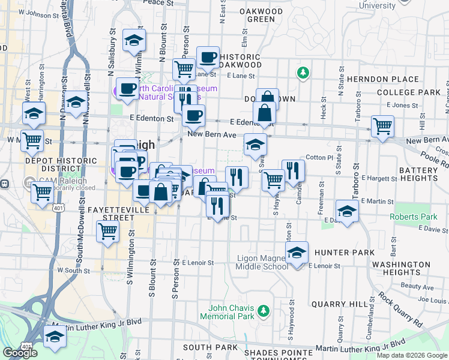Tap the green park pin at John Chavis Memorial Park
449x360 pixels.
pyautogui.click(x=263, y=311)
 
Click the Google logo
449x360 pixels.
pyautogui.click(x=20, y=353)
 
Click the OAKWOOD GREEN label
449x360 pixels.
pyautogui.click(x=261, y=15)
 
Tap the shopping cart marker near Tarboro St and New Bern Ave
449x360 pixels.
pyautogui.click(x=382, y=127)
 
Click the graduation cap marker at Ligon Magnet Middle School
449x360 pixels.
pyautogui.click(x=297, y=253)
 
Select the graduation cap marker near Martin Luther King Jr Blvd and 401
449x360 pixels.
pyautogui.click(x=56, y=337)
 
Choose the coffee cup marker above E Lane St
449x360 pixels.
pyautogui.click(x=208, y=58)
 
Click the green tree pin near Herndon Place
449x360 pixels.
pyautogui.click(x=303, y=73)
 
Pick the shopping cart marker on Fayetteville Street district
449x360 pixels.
pyautogui.click(x=107, y=231)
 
